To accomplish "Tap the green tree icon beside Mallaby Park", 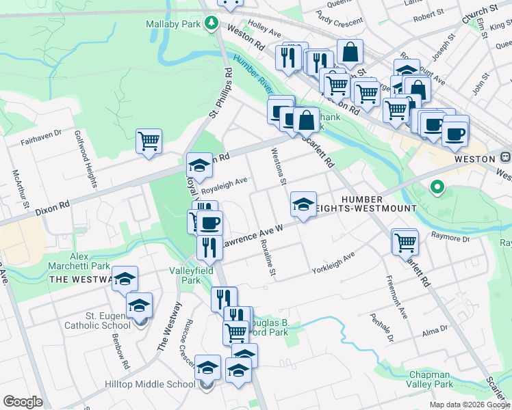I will pos(212,23).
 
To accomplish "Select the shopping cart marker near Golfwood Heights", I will pos(149,141).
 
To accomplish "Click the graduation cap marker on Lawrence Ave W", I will pos(303,204).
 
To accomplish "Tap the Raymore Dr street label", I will pos(450,238).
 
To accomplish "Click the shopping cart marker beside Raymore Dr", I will pos(405,241).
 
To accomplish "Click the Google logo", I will pos(23,402).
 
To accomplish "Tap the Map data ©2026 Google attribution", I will pos(469,405).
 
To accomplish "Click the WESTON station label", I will pos(474,159).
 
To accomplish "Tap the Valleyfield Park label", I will pos(185,275).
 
